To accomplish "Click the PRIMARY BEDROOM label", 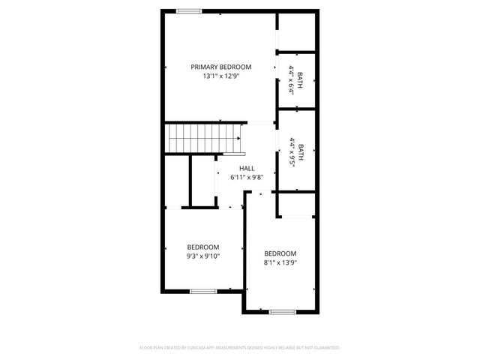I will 220,67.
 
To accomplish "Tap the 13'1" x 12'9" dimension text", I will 220,76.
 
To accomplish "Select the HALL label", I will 247,169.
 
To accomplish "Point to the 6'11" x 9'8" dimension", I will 247,178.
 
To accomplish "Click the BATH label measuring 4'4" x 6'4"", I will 301,80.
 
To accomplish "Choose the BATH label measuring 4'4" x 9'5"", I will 301,153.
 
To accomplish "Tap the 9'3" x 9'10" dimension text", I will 203,256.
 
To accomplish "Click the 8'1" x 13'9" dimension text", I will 280,262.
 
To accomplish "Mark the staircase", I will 194,139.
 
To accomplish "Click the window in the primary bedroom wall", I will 189,10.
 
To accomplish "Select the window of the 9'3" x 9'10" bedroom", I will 203,291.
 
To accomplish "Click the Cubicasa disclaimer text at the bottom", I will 240,348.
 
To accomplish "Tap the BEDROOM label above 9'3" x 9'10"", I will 203,247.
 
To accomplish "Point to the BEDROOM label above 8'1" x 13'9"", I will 280,253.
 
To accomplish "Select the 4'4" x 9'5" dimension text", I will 291,153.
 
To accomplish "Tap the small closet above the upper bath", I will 297,31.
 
